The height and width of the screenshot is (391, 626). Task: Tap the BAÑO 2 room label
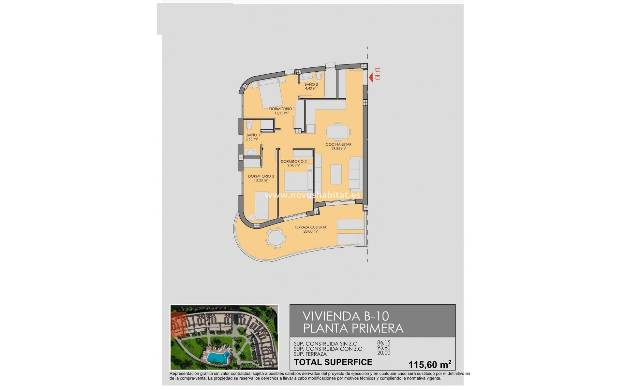(311, 86)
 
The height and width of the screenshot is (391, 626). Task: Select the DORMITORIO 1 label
(282, 111)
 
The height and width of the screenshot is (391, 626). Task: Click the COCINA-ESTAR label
(338, 146)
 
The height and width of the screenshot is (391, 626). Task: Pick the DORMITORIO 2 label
(293, 163)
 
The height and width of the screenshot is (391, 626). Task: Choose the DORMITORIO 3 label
(261, 178)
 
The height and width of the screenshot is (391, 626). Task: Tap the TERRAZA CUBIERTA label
(310, 229)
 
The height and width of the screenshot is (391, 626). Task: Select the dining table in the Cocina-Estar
(338, 132)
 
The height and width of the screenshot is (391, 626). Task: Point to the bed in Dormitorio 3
(261, 205)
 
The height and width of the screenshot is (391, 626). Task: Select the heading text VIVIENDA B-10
(346, 316)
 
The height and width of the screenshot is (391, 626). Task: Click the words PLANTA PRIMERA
(353, 328)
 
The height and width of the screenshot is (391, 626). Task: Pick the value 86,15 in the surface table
(383, 342)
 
